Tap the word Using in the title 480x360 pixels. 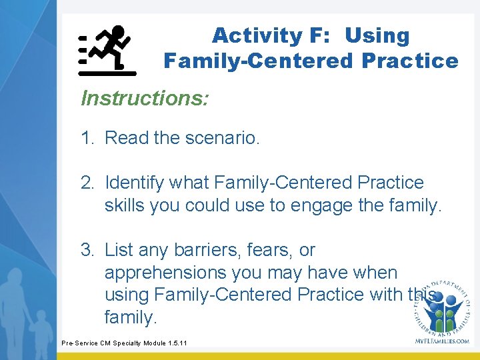pos(377,35)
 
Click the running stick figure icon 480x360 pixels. pos(107,50)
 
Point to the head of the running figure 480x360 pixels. pos(118,31)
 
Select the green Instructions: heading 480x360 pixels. pos(145,99)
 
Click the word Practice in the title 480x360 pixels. pos(409,61)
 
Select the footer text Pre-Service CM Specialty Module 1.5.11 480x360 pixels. pos(124,343)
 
